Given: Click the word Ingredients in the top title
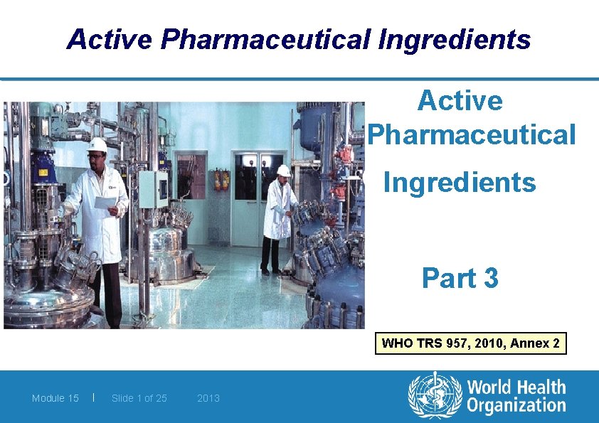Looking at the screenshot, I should pyautogui.click(x=455, y=40).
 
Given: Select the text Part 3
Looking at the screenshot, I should pyautogui.click(x=460, y=277).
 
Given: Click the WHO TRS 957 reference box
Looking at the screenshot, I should pyautogui.click(x=471, y=344).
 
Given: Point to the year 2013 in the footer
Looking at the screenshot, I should pyautogui.click(x=208, y=398).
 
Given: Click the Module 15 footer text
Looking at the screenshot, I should pyautogui.click(x=55, y=398).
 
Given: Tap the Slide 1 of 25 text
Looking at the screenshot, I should pyautogui.click(x=139, y=398).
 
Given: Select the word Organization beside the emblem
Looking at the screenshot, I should pyautogui.click(x=516, y=407).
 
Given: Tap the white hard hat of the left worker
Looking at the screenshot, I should pyautogui.click(x=97, y=145).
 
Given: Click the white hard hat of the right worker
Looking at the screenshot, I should pyautogui.click(x=284, y=171).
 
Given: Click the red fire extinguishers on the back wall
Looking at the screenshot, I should pyautogui.click(x=221, y=179).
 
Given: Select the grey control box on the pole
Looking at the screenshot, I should pyautogui.click(x=153, y=188).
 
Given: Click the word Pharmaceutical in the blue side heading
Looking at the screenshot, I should pyautogui.click(x=472, y=134).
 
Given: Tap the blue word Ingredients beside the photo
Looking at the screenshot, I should pyautogui.click(x=460, y=183).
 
